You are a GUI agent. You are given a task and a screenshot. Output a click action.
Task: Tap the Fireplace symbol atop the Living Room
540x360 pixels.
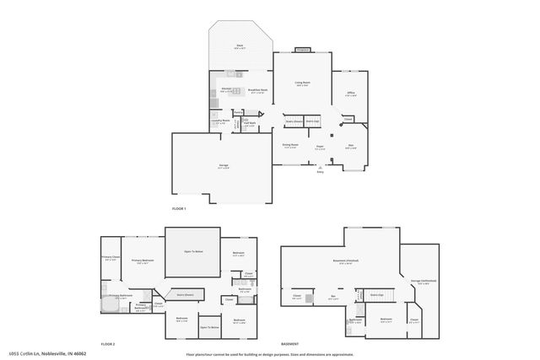(302, 50)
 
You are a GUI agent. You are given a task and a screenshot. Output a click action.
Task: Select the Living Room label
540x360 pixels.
(301, 83)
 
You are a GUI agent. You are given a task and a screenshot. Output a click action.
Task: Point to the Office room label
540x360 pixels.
(350, 94)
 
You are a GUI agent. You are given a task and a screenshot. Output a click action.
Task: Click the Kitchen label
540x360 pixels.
(226, 89)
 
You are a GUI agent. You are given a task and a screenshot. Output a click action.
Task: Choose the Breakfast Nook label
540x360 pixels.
(257, 89)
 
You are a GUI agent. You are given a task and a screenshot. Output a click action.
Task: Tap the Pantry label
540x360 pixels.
(239, 112)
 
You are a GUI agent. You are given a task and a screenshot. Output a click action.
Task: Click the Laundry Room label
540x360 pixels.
(219, 121)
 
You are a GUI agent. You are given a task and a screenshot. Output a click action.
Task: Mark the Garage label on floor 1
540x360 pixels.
(223, 165)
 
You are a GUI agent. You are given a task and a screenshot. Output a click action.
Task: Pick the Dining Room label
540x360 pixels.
(289, 145)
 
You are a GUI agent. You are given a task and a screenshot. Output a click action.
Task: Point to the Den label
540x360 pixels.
(351, 146)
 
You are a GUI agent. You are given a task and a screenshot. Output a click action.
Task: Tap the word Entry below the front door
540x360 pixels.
(320, 172)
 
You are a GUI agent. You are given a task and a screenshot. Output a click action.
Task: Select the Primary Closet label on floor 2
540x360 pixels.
(111, 257)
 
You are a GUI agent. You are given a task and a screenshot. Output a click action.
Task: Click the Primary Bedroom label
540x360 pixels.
(141, 261)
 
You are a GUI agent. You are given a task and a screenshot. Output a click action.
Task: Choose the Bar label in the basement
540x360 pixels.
(333, 296)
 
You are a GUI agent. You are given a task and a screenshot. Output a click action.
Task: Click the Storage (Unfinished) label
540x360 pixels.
(418, 281)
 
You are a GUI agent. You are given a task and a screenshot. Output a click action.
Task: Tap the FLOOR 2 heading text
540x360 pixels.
(107, 344)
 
